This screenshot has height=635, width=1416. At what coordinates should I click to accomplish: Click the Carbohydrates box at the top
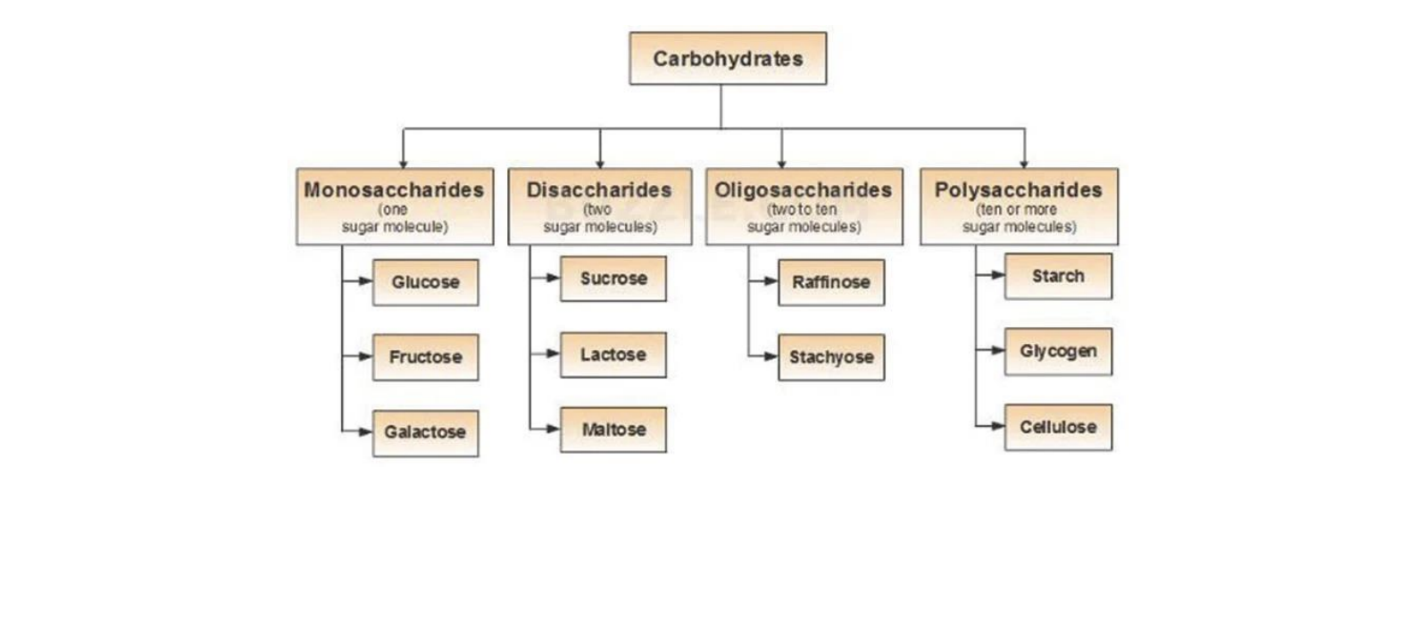click(728, 59)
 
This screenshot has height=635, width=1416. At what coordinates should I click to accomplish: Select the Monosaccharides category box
click(395, 206)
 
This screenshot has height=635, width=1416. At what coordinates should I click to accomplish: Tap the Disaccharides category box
click(600, 206)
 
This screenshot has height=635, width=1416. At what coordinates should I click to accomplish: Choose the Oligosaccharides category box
click(804, 206)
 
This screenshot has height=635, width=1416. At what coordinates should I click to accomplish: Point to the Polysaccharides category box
click(1019, 206)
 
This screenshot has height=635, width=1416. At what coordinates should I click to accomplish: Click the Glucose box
click(425, 282)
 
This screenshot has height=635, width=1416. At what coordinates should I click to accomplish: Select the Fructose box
click(425, 357)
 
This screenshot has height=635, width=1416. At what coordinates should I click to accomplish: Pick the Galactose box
click(425, 433)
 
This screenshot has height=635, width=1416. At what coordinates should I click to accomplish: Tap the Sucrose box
click(613, 279)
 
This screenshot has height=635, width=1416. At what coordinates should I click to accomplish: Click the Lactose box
click(613, 355)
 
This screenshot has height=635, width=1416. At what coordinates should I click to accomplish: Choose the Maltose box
click(613, 430)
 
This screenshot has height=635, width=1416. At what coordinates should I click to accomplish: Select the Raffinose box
click(831, 282)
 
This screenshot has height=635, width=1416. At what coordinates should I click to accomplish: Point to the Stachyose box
click(831, 357)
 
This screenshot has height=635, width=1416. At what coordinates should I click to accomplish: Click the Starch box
click(1058, 276)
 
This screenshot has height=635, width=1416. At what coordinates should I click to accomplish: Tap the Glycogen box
click(1058, 351)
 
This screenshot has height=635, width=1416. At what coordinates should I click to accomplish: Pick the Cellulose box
click(1058, 427)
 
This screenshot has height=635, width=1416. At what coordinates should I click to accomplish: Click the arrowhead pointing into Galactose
click(365, 432)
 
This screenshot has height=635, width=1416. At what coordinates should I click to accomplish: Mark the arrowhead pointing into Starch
click(997, 275)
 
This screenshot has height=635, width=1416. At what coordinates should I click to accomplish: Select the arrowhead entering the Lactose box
click(553, 354)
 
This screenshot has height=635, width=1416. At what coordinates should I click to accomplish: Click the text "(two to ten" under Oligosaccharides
click(803, 209)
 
